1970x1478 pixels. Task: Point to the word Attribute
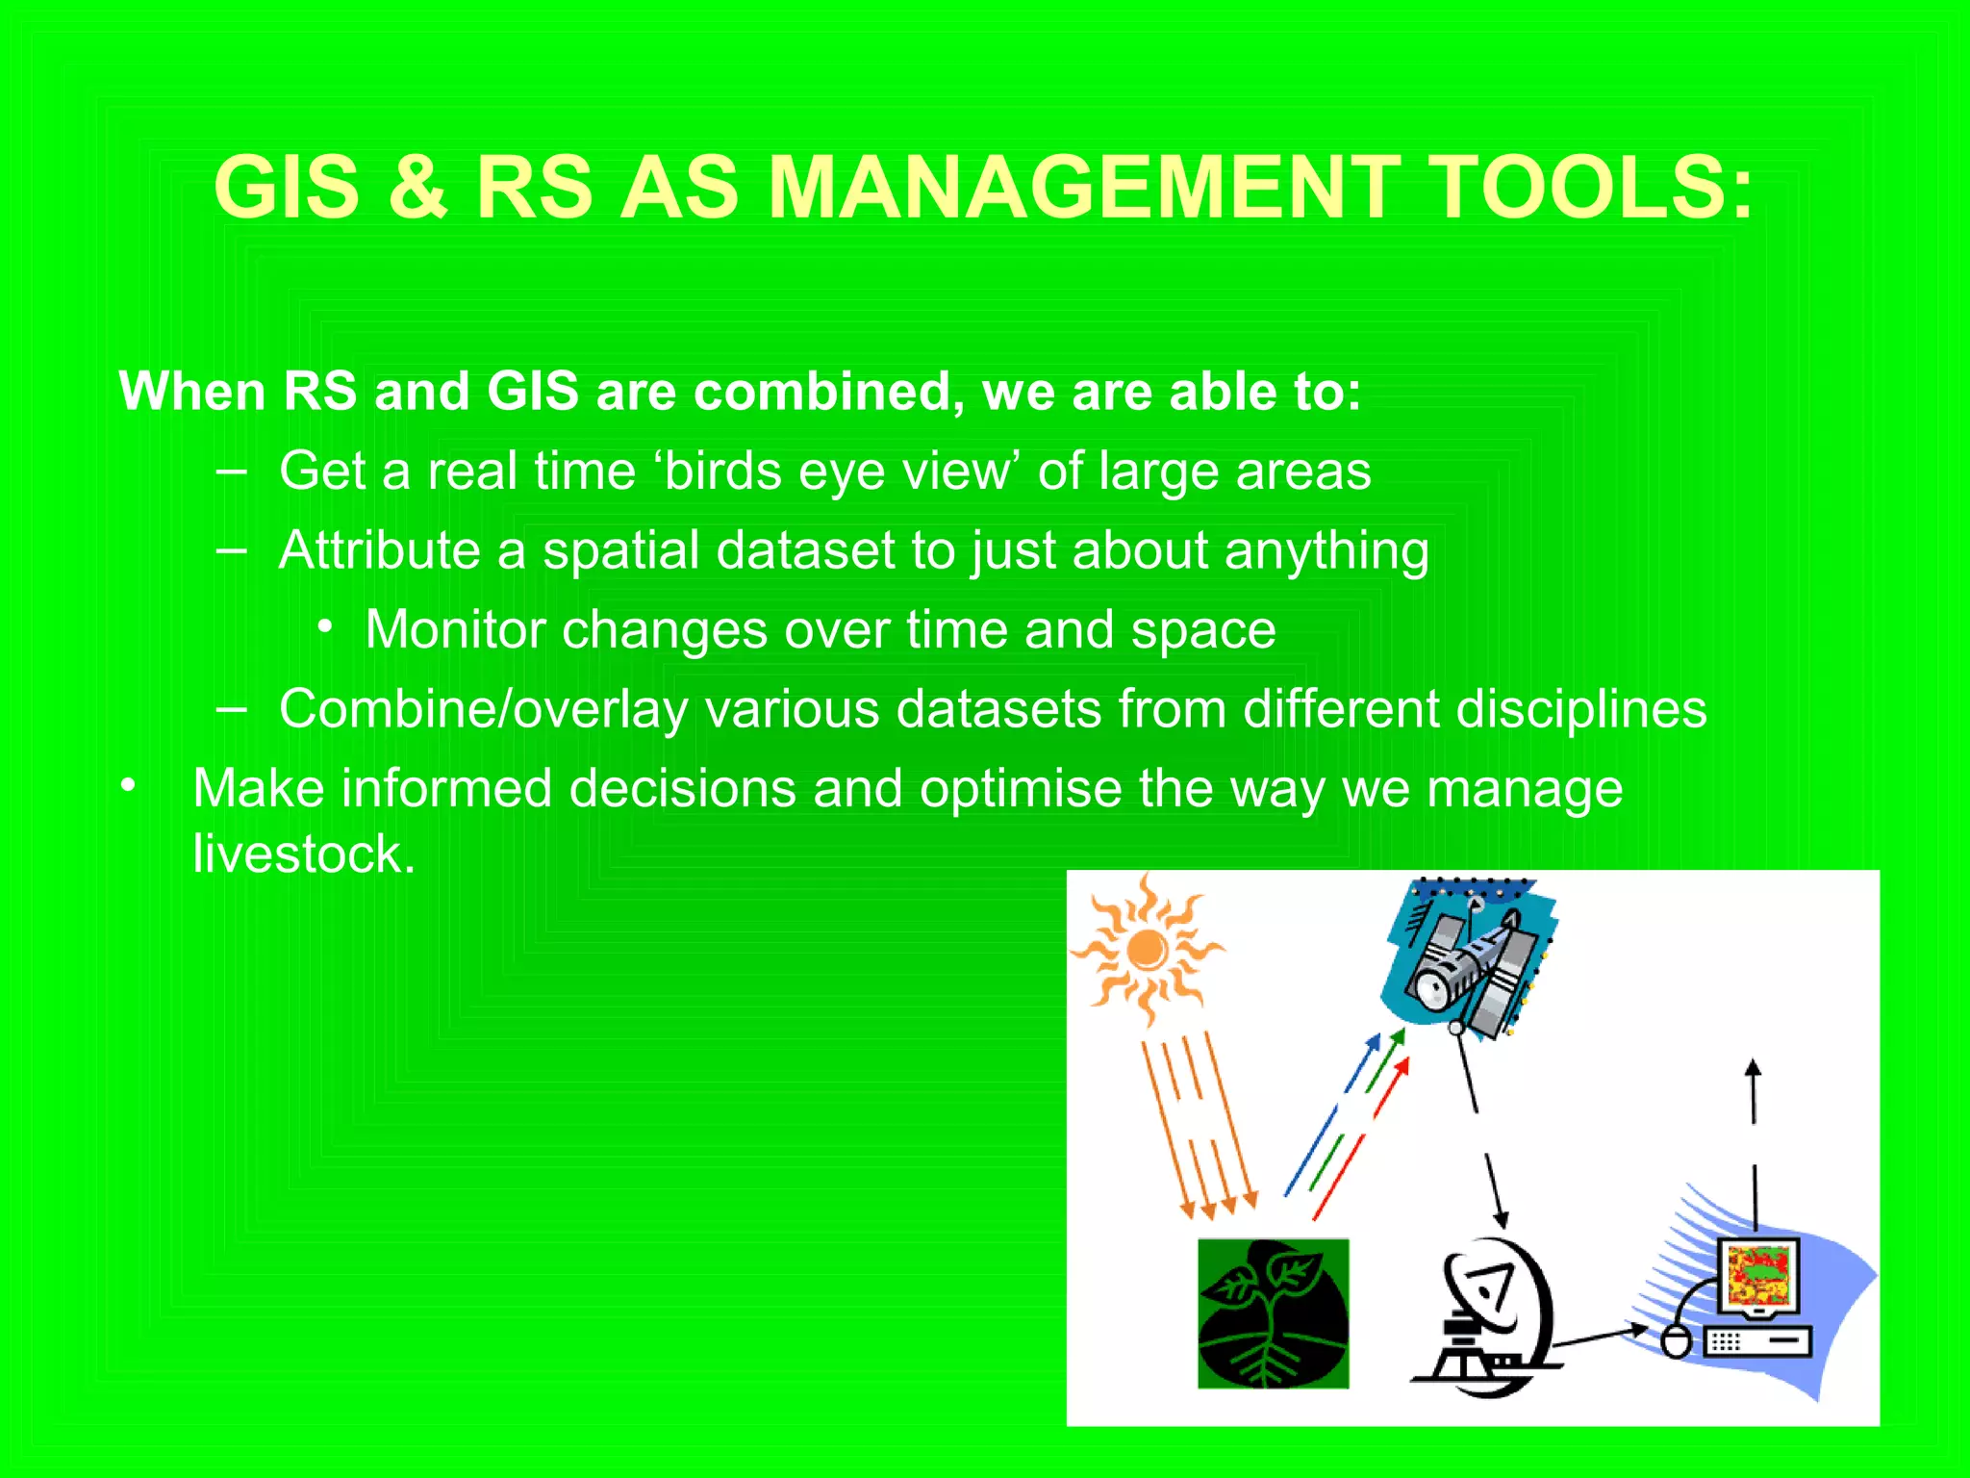pos(379,550)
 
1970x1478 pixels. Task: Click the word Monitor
pos(455,630)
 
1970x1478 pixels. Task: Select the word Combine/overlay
pos(483,710)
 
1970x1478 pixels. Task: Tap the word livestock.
pos(303,854)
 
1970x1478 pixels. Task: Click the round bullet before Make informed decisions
pos(128,787)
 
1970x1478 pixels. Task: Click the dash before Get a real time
pos(231,471)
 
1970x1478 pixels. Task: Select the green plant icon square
pos(1272,1312)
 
